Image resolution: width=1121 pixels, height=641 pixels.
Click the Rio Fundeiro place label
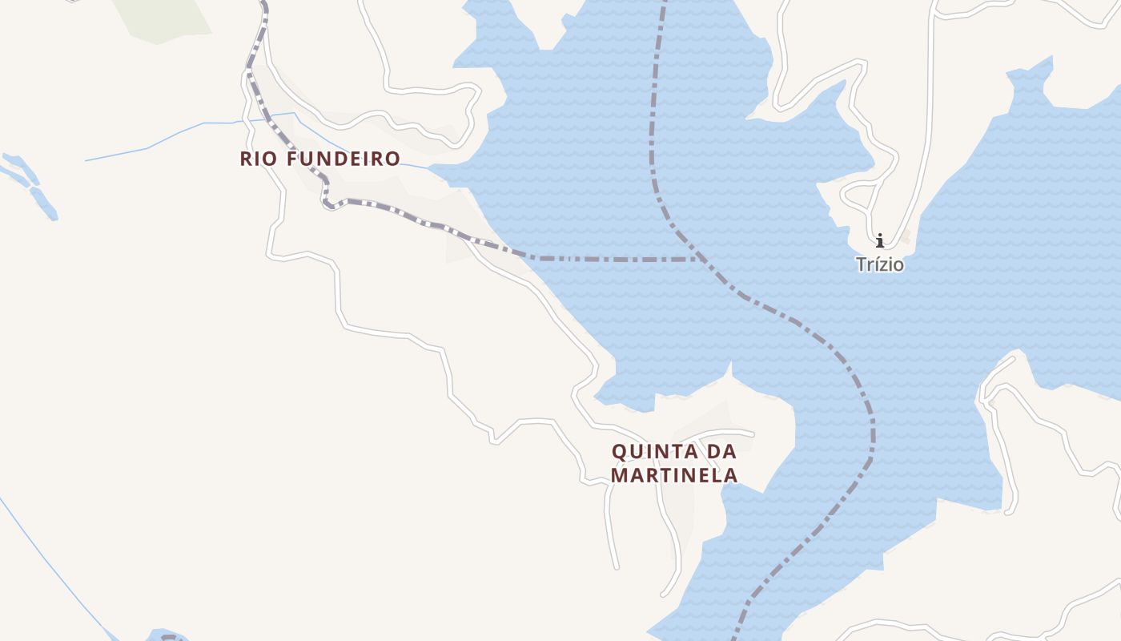pos(319,159)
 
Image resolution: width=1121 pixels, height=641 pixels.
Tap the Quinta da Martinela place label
pos(673,463)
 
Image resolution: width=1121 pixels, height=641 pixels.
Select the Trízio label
pos(879,264)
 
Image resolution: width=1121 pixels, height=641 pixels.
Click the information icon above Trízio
pos(879,240)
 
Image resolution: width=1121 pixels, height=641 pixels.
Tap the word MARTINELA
pos(673,475)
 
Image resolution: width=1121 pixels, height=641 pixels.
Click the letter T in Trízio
pos(862,264)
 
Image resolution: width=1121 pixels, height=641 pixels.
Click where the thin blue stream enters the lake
pos(430,168)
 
